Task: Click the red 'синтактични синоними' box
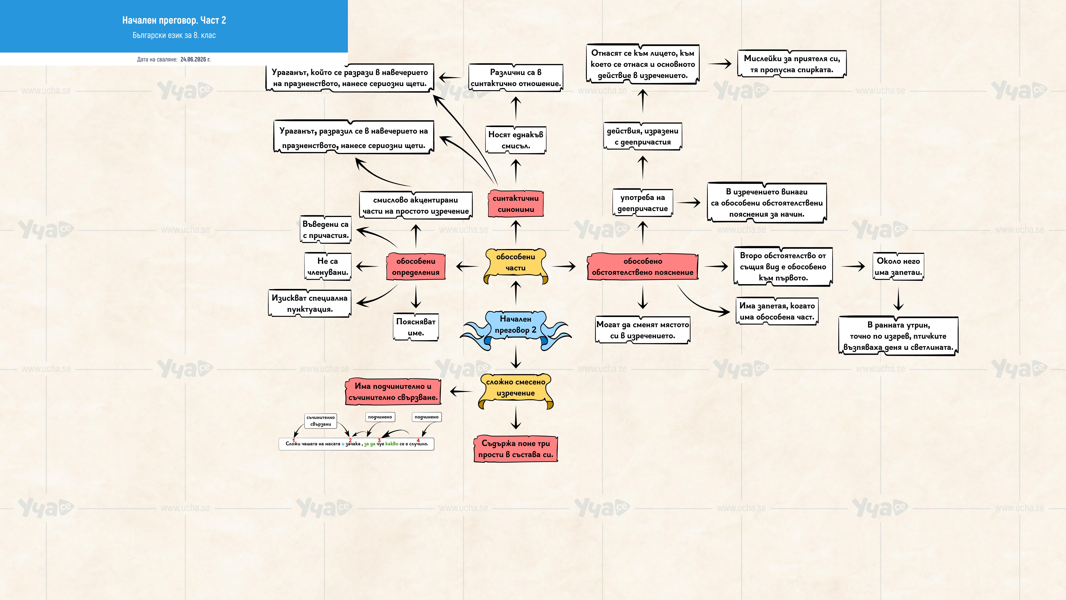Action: click(x=516, y=204)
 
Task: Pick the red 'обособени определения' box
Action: click(x=416, y=267)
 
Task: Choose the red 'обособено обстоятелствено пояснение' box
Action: click(x=643, y=267)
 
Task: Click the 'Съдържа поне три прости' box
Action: click(x=516, y=449)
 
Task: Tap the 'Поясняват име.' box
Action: click(x=416, y=327)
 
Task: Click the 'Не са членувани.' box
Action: click(x=328, y=267)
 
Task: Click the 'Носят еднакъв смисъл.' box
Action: click(x=516, y=140)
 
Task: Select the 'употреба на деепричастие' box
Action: click(x=643, y=203)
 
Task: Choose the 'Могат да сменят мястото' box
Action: click(x=643, y=330)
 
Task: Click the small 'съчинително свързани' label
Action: click(x=321, y=421)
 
